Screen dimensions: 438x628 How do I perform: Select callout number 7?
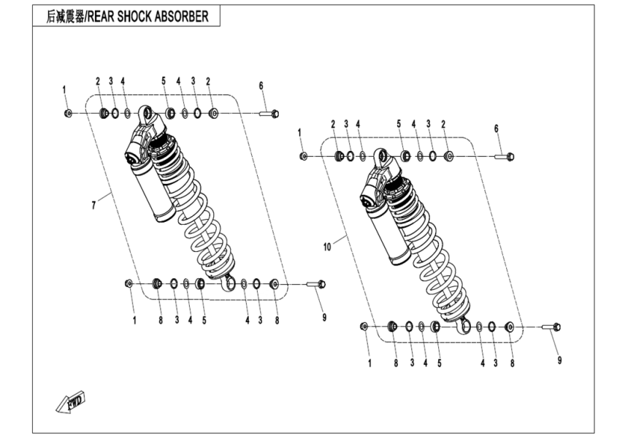pyautogui.click(x=93, y=207)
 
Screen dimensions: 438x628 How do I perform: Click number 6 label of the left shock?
pyautogui.click(x=261, y=85)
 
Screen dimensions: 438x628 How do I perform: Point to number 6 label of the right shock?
pyautogui.click(x=497, y=128)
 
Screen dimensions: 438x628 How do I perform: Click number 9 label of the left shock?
pyautogui.click(x=324, y=317)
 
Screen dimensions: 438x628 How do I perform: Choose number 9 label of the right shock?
pyautogui.click(x=559, y=360)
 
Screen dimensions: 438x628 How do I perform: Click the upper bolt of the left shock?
pyautogui.click(x=269, y=113)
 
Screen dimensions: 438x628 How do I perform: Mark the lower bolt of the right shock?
pyautogui.click(x=552, y=327)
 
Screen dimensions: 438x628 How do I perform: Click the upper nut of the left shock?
pyautogui.click(x=68, y=113)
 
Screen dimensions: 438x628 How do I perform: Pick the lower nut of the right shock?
pyautogui.click(x=364, y=326)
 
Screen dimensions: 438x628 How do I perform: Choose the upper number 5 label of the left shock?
pyautogui.click(x=164, y=80)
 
